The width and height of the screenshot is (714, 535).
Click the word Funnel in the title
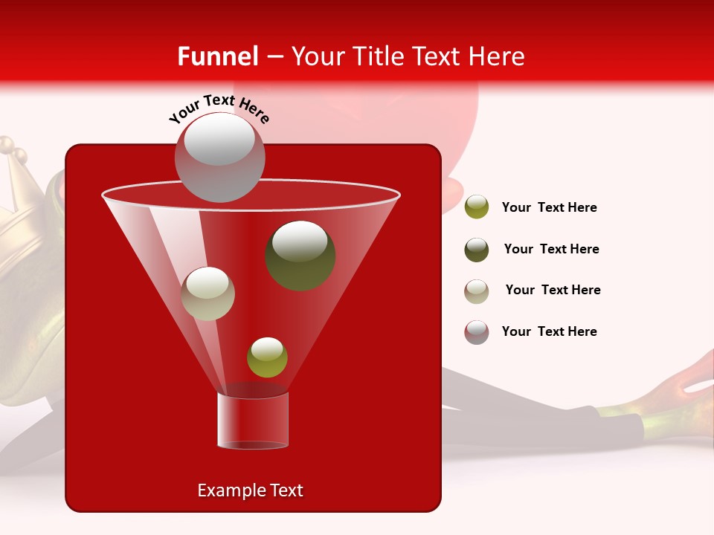[218, 56]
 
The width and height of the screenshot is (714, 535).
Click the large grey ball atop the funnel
[220, 157]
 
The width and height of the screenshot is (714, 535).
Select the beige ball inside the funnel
[208, 294]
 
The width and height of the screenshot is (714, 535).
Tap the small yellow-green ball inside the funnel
[267, 357]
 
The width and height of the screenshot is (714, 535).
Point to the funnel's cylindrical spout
[253, 421]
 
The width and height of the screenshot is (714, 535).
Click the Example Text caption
[251, 490]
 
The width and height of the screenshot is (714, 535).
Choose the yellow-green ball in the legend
[477, 207]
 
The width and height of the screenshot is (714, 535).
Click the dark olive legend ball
[477, 250]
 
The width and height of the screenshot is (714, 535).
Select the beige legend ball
[477, 291]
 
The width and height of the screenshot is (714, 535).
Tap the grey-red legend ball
[477, 332]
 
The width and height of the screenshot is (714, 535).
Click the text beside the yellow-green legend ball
[549, 208]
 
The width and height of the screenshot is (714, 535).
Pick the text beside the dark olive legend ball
[551, 250]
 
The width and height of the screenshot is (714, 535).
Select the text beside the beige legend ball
[553, 291]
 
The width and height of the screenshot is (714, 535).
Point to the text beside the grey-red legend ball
[549, 331]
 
